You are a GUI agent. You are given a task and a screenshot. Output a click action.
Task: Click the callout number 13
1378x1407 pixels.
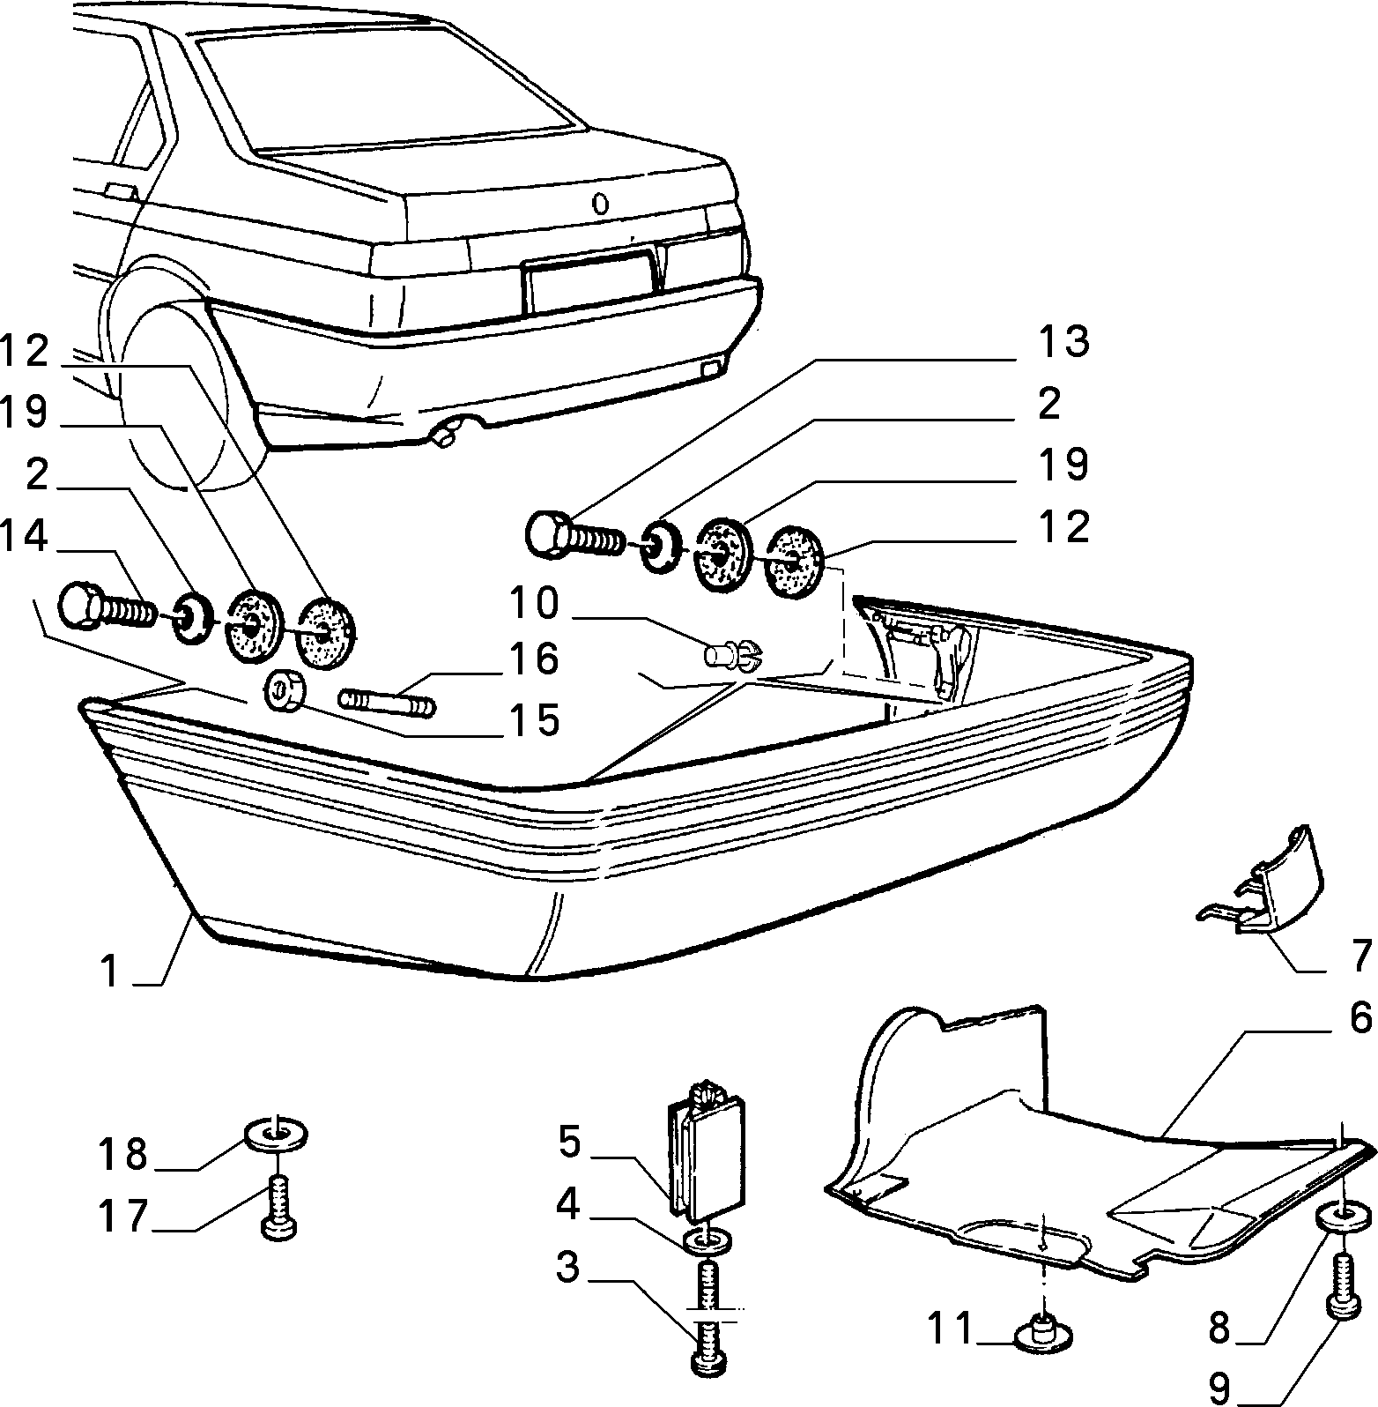(x=1062, y=342)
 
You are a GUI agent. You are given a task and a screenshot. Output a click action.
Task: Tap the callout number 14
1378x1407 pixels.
(x=25, y=536)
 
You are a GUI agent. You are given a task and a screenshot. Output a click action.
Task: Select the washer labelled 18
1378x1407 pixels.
(x=277, y=1134)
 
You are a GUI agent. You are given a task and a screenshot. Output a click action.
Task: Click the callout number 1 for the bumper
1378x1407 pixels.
(x=109, y=972)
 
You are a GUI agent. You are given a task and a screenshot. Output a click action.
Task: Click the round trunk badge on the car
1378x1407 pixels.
(x=600, y=205)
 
